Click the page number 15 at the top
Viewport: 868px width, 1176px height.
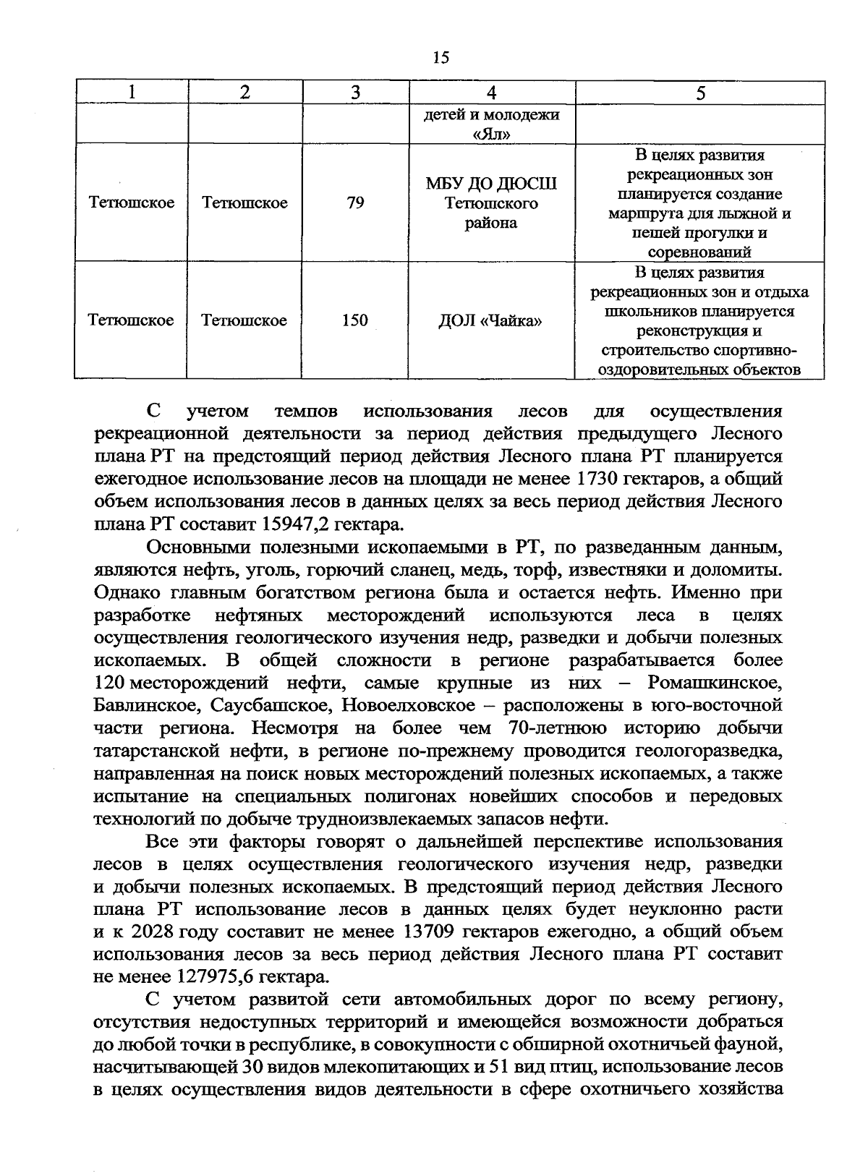click(441, 58)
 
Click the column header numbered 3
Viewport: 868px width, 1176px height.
click(354, 93)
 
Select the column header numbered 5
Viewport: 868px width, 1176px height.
click(699, 93)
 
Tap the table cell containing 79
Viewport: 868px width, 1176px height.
click(354, 203)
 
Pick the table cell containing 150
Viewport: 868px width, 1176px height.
click(354, 320)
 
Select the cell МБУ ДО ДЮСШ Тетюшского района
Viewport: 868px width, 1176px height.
click(491, 203)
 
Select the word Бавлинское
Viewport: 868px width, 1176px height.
click(142, 705)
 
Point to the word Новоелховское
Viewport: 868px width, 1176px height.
click(407, 705)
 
